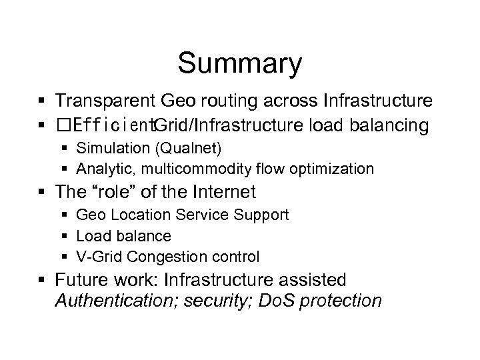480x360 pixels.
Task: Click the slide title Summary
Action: tap(240, 64)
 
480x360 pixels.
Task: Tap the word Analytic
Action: tap(101, 168)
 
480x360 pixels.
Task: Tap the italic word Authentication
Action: tap(111, 300)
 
